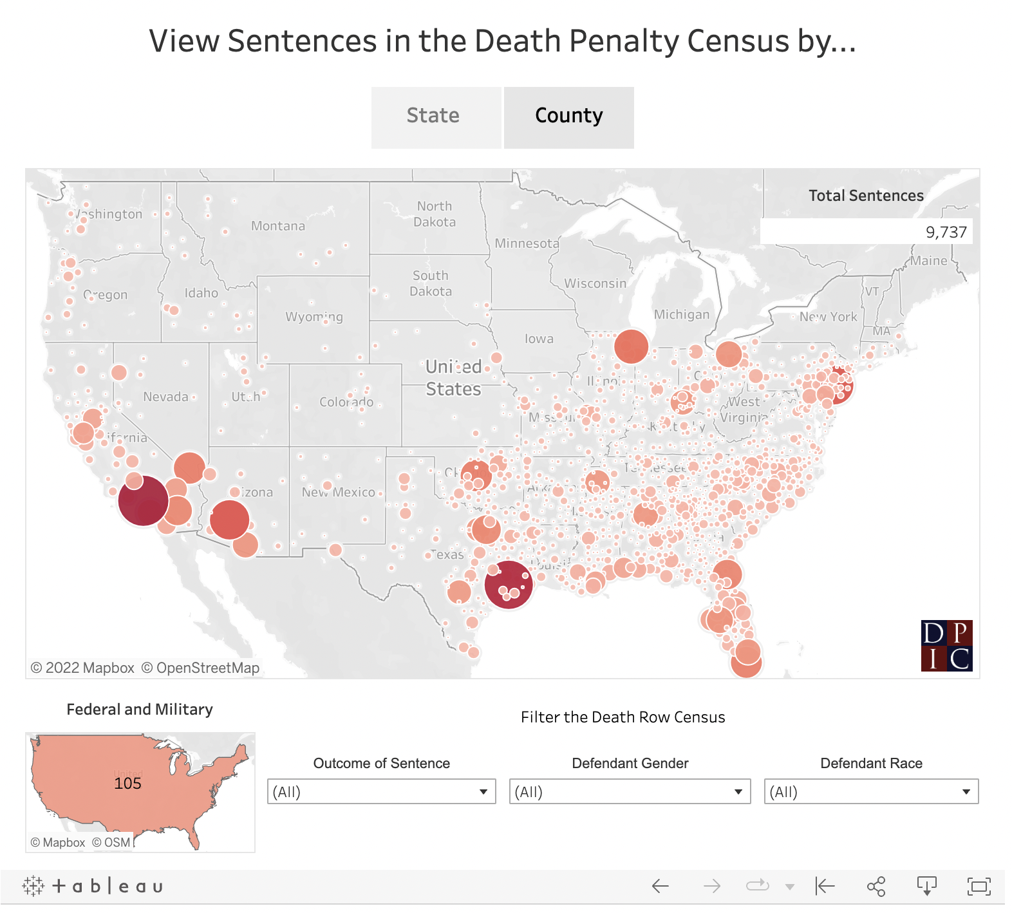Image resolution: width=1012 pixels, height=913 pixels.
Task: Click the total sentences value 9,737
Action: (x=946, y=232)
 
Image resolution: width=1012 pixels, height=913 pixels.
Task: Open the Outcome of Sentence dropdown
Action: (x=381, y=791)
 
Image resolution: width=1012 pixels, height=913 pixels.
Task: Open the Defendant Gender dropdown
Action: (x=630, y=791)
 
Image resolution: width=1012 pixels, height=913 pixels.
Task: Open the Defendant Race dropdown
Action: (x=871, y=791)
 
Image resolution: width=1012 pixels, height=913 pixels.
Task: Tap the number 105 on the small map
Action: (x=127, y=784)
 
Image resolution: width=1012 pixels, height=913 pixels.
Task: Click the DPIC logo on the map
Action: (x=946, y=646)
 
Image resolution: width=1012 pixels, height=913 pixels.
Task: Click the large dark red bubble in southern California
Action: (x=143, y=500)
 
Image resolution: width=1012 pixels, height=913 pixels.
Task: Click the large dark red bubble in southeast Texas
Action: (x=508, y=585)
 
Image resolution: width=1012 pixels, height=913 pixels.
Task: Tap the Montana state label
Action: (x=278, y=226)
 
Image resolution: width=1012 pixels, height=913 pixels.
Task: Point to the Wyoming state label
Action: (x=314, y=317)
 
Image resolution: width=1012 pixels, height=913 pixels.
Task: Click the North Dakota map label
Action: (x=435, y=214)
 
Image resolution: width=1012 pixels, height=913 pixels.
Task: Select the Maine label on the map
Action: (x=928, y=261)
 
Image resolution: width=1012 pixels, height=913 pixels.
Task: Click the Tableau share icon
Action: (x=876, y=887)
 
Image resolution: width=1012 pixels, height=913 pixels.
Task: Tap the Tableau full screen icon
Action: (x=979, y=887)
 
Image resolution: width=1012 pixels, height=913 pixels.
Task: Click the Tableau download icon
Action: (x=926, y=887)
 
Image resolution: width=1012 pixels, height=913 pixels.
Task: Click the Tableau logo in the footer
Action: (x=93, y=887)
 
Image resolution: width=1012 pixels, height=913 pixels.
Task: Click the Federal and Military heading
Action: (x=140, y=710)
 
